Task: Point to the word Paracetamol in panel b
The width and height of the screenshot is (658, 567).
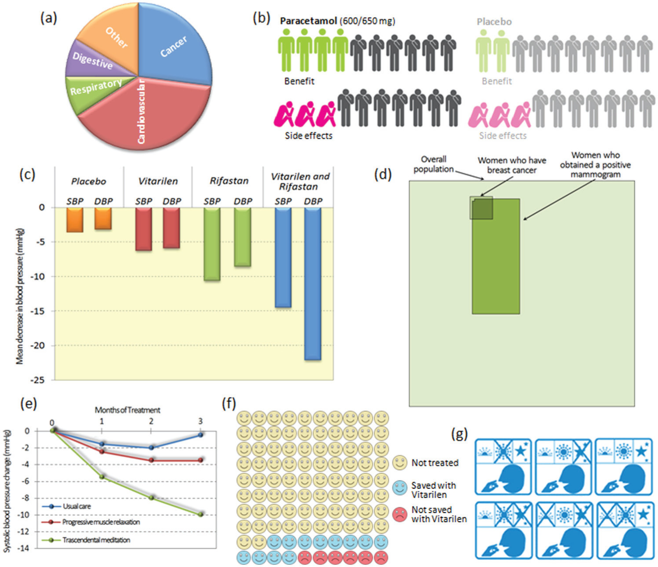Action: coord(308,21)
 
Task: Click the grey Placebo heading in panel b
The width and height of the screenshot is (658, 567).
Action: coord(494,22)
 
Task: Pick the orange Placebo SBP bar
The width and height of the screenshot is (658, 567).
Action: coord(75,219)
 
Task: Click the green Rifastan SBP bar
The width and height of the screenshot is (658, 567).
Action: coord(212,244)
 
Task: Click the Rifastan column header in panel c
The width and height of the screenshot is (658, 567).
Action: coord(229,181)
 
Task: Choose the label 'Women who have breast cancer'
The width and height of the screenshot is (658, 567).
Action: coord(512,165)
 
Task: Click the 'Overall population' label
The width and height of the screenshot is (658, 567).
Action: coord(433,164)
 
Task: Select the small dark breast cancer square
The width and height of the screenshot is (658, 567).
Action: coord(481,208)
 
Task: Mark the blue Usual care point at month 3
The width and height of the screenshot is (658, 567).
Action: coord(200,435)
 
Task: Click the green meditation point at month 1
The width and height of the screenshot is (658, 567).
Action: coord(102,476)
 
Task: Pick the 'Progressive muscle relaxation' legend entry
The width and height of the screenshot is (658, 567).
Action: coord(101,522)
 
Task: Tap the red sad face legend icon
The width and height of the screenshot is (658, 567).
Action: coord(400,514)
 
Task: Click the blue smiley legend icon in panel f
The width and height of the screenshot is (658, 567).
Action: coord(400,488)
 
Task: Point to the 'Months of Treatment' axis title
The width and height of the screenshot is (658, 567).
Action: coord(127,410)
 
